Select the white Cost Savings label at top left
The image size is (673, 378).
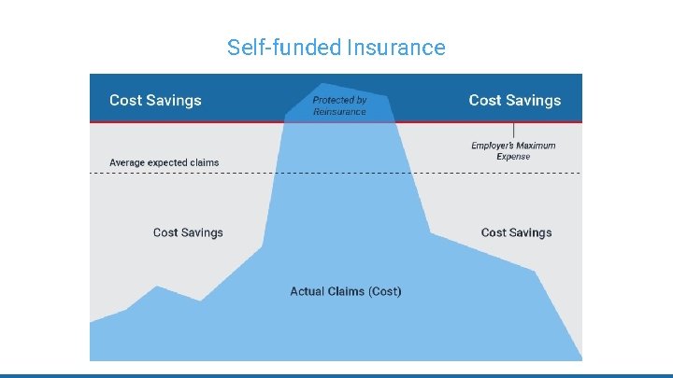point(155,100)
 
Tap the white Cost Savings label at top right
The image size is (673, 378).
point(515,100)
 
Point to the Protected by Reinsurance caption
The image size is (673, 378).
point(339,105)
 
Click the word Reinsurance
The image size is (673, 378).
point(339,112)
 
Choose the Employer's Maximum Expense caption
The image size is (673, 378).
point(513,151)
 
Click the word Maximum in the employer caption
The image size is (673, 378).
point(535,146)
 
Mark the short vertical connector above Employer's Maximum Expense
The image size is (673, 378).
point(513,131)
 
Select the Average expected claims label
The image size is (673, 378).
point(164,162)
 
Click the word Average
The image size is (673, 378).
point(128,162)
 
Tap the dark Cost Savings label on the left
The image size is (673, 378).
point(188,232)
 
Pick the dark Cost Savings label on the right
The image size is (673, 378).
point(516,232)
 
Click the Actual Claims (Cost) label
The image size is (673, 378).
point(346,291)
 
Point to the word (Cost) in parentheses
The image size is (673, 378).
point(385,291)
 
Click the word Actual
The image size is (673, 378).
point(308,291)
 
